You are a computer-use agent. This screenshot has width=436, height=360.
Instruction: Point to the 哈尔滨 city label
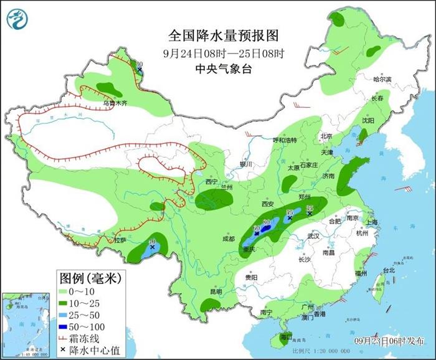point(382,80)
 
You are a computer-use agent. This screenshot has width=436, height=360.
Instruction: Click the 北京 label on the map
point(326,136)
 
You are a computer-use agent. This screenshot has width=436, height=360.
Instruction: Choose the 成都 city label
point(228,239)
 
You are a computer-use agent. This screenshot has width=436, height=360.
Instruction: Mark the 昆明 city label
point(216,291)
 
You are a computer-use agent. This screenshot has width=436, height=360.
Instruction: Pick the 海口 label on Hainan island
point(287,336)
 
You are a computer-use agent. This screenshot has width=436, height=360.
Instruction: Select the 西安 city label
point(268,204)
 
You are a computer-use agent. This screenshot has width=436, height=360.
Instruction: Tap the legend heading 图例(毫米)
point(90,277)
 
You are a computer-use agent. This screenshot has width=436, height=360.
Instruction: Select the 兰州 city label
point(226,187)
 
